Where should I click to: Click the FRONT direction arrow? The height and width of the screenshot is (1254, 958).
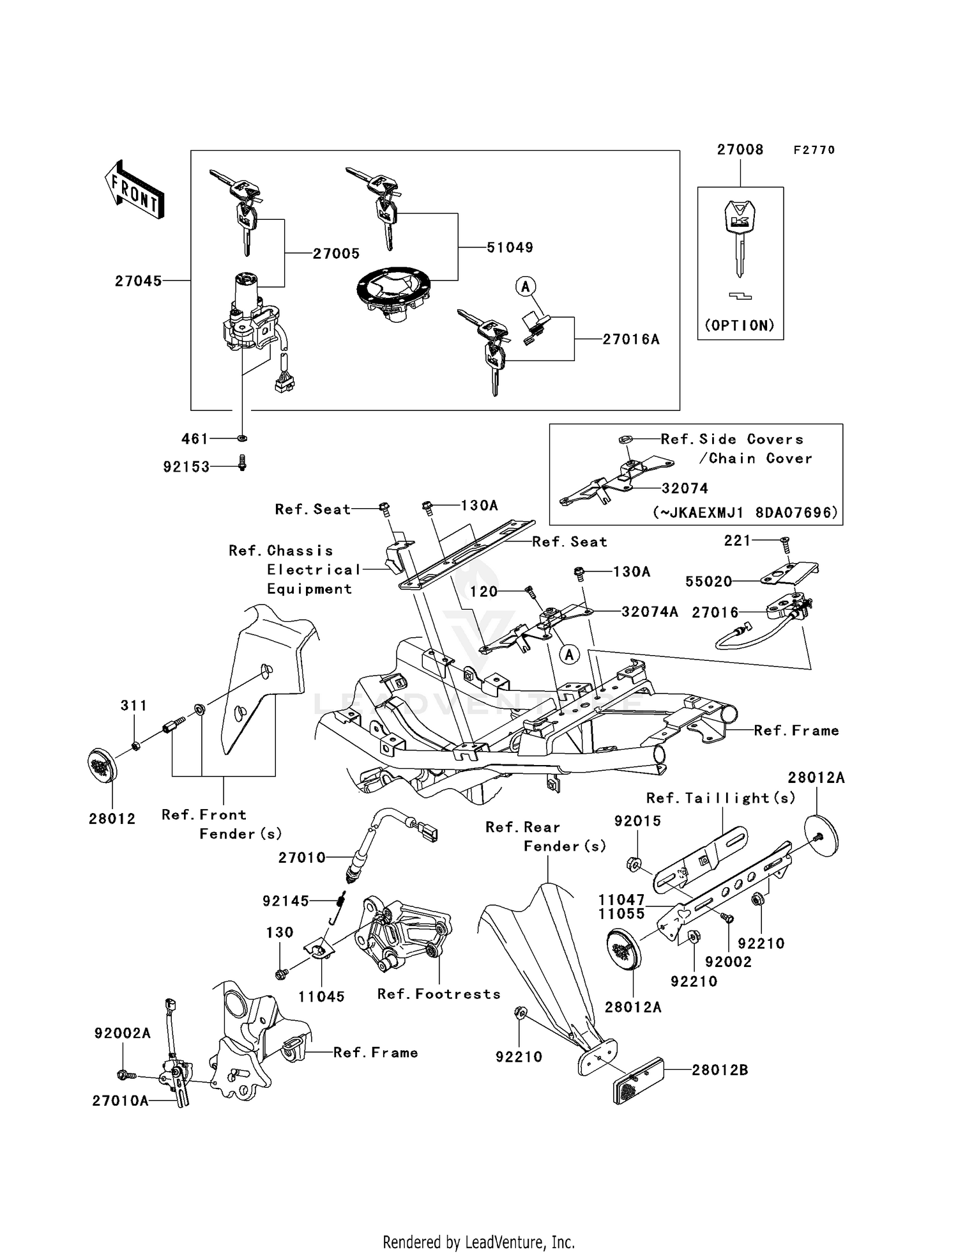coord(135,190)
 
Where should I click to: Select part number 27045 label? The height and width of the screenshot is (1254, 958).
coord(138,281)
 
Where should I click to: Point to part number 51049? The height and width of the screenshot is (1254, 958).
coord(510,247)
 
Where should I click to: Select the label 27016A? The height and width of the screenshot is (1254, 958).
coord(631,339)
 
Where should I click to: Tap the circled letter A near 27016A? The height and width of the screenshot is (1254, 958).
coord(526,287)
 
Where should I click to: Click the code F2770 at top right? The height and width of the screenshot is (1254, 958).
coord(814,150)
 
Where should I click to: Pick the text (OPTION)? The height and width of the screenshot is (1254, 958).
coord(740,325)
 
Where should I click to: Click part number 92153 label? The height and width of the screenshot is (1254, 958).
coord(186,467)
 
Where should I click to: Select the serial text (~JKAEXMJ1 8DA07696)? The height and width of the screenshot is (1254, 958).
coord(745,513)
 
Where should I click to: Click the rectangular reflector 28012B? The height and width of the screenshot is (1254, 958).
coord(638,1081)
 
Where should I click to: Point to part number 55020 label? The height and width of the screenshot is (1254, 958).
coord(708,582)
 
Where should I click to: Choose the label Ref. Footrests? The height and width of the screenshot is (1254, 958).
coord(439,994)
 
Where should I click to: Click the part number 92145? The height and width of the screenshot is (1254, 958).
coord(285,901)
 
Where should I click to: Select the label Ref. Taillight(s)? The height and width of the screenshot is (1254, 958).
coord(721,798)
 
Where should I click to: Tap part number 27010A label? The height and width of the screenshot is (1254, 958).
coord(120,1101)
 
